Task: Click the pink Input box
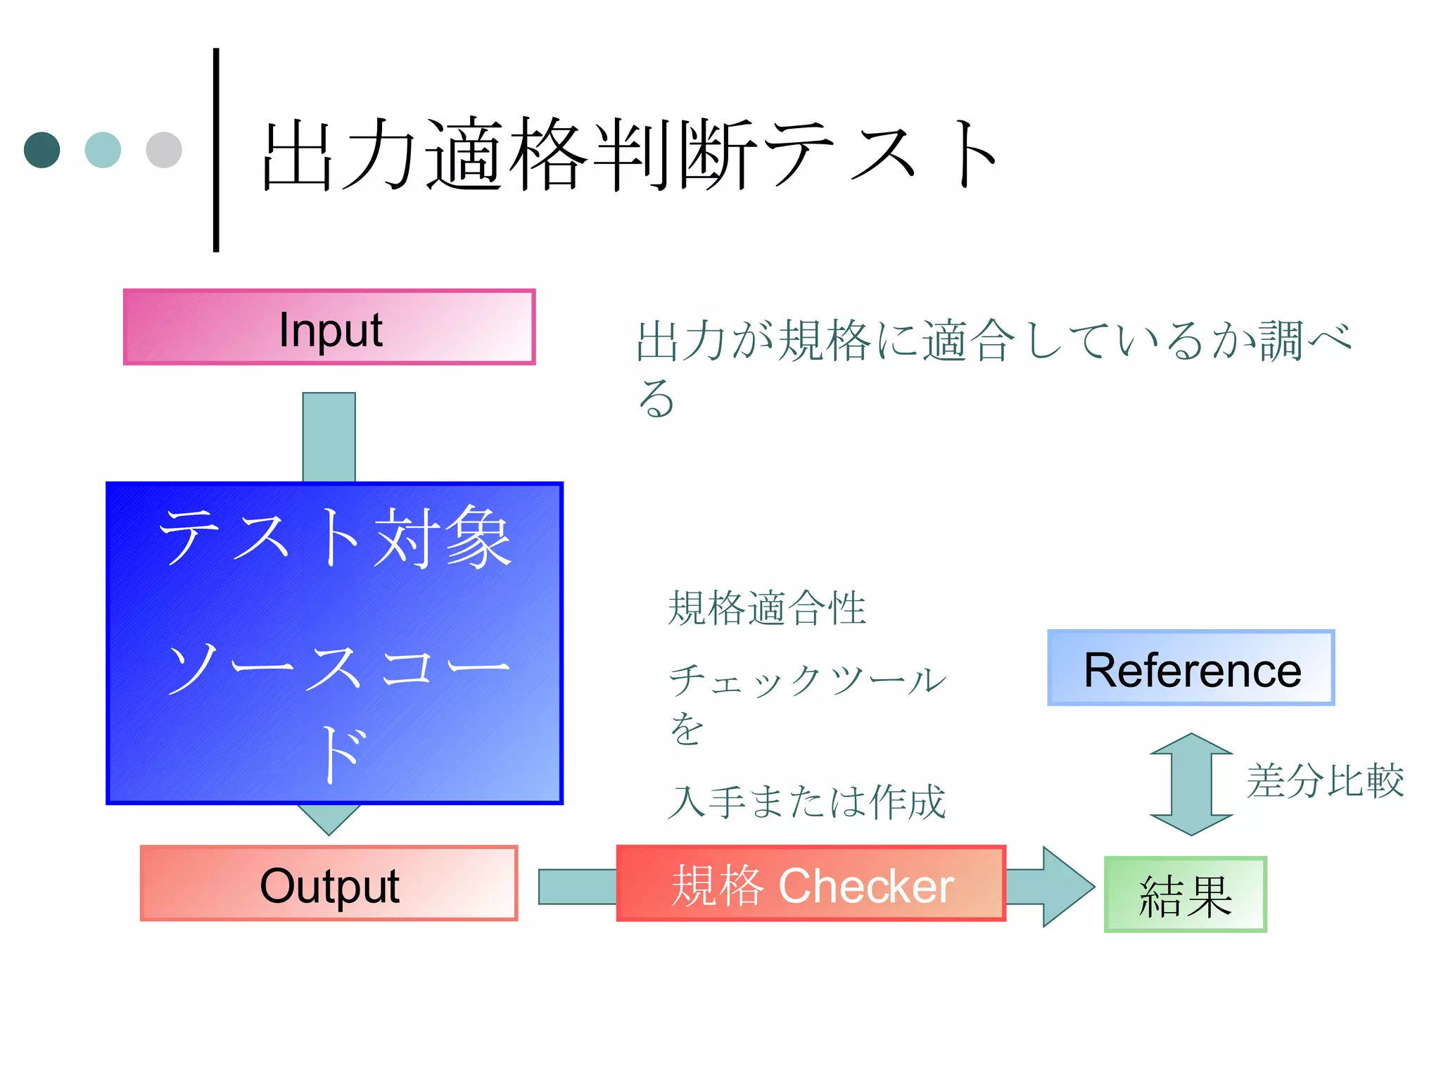329,327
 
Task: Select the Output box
329,883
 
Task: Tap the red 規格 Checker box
811,884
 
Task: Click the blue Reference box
1191,668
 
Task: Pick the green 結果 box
1185,894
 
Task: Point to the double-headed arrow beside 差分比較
1191,784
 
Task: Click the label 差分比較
1325,780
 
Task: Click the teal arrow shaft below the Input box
329,436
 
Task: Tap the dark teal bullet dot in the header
42,150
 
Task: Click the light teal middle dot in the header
103,150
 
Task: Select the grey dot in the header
164,150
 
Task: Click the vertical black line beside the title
216,150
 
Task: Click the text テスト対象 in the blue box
335,538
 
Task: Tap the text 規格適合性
766,609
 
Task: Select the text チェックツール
807,681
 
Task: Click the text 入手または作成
807,802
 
